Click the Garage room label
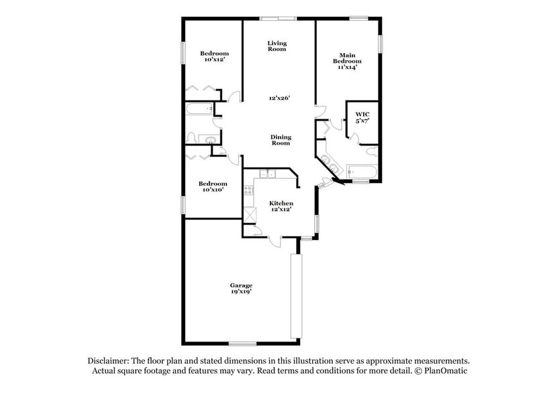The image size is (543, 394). [x=241, y=285]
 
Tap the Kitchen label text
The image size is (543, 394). [x=281, y=202]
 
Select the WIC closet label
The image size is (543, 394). [x=362, y=115]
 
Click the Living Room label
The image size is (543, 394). [x=277, y=46]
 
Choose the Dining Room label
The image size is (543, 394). [x=281, y=139]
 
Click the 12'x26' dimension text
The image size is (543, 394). [x=278, y=98]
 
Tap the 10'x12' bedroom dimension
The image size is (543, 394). [x=215, y=60]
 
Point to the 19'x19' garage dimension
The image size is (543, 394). [x=241, y=292]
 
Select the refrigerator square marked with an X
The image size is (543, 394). [x=251, y=214]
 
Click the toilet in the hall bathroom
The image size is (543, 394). [x=193, y=139]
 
